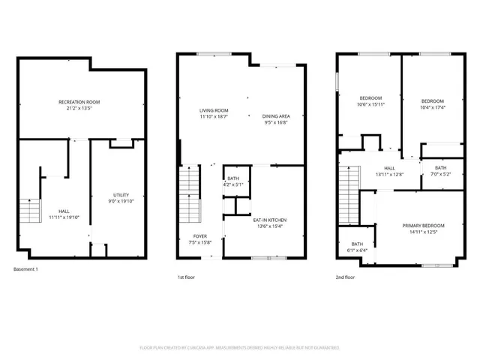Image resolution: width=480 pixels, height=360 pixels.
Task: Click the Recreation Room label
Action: [79, 102]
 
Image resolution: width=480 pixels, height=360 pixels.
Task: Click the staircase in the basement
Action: [29, 211]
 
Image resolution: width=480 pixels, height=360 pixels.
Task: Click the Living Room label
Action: [213, 111]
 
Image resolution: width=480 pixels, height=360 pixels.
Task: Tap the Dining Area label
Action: [276, 116]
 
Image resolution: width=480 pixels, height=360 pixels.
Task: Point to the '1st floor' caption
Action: [186, 277]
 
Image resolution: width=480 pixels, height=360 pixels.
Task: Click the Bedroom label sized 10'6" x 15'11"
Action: [370, 98]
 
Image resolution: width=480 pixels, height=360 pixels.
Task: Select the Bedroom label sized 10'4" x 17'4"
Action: [432, 101]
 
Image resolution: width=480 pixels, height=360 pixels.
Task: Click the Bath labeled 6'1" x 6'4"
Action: [357, 244]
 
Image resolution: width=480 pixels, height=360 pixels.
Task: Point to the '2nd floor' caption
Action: [346, 277]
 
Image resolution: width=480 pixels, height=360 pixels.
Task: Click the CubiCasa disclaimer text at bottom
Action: [239, 348]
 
